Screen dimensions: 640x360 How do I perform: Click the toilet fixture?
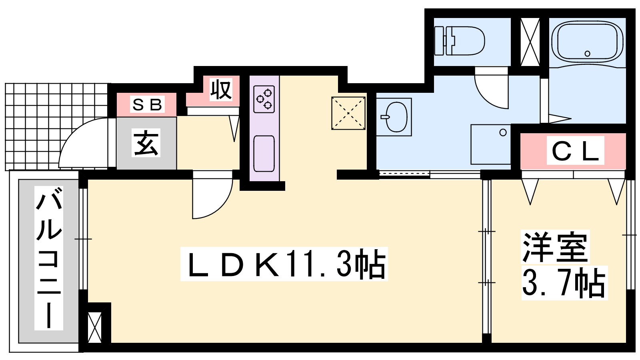(x=460, y=41)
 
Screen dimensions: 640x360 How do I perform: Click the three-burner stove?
(x=264, y=99)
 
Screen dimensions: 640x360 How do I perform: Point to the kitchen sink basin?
(x=264, y=154)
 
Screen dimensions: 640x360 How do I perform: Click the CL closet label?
(x=576, y=150)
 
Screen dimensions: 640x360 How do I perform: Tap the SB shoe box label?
(x=148, y=104)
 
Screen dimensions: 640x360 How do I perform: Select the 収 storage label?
(x=220, y=90)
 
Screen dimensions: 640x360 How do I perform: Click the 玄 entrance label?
(x=146, y=143)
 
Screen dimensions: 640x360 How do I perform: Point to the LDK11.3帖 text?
(x=284, y=264)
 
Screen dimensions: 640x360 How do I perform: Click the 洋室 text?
(x=556, y=247)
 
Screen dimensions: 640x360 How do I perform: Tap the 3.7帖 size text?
(x=564, y=283)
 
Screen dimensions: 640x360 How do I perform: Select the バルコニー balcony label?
(x=49, y=258)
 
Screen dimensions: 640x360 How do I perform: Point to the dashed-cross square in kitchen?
(x=348, y=114)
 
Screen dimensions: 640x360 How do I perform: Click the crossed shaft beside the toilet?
(x=530, y=42)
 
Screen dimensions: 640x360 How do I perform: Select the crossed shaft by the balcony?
(x=94, y=328)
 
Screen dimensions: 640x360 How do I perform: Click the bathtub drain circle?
(x=588, y=54)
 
